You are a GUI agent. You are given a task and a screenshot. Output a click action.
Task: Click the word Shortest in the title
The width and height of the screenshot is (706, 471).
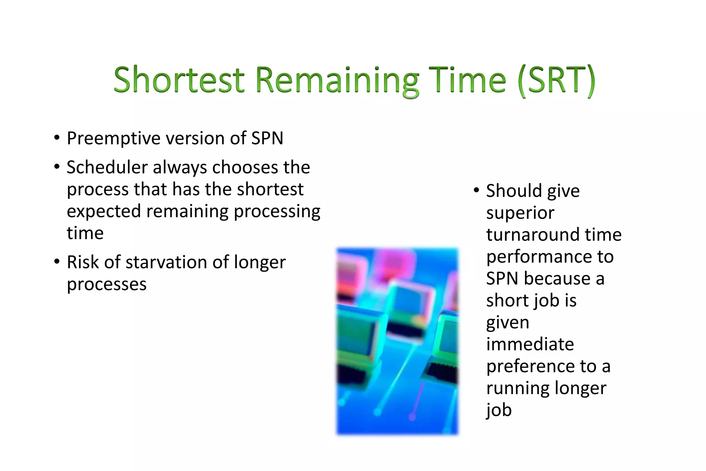tap(179, 80)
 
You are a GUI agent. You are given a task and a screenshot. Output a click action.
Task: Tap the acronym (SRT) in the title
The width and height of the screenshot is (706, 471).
tap(556, 80)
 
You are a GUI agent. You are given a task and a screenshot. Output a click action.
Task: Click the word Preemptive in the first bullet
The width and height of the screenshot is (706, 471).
tap(113, 139)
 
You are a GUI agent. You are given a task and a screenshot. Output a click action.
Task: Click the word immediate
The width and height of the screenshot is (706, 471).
tap(530, 344)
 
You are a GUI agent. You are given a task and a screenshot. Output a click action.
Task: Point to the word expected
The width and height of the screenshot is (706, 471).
tap(104, 212)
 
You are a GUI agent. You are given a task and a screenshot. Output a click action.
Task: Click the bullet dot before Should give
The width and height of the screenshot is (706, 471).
tap(476, 190)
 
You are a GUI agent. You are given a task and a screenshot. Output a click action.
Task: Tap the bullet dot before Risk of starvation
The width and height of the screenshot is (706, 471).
tap(57, 261)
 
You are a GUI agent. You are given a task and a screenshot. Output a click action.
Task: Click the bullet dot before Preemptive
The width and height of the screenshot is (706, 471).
tap(57, 138)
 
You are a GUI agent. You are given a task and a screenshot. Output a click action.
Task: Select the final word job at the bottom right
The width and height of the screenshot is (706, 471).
tap(498, 411)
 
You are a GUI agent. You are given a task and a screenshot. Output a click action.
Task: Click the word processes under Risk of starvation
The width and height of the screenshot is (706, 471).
tap(107, 285)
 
